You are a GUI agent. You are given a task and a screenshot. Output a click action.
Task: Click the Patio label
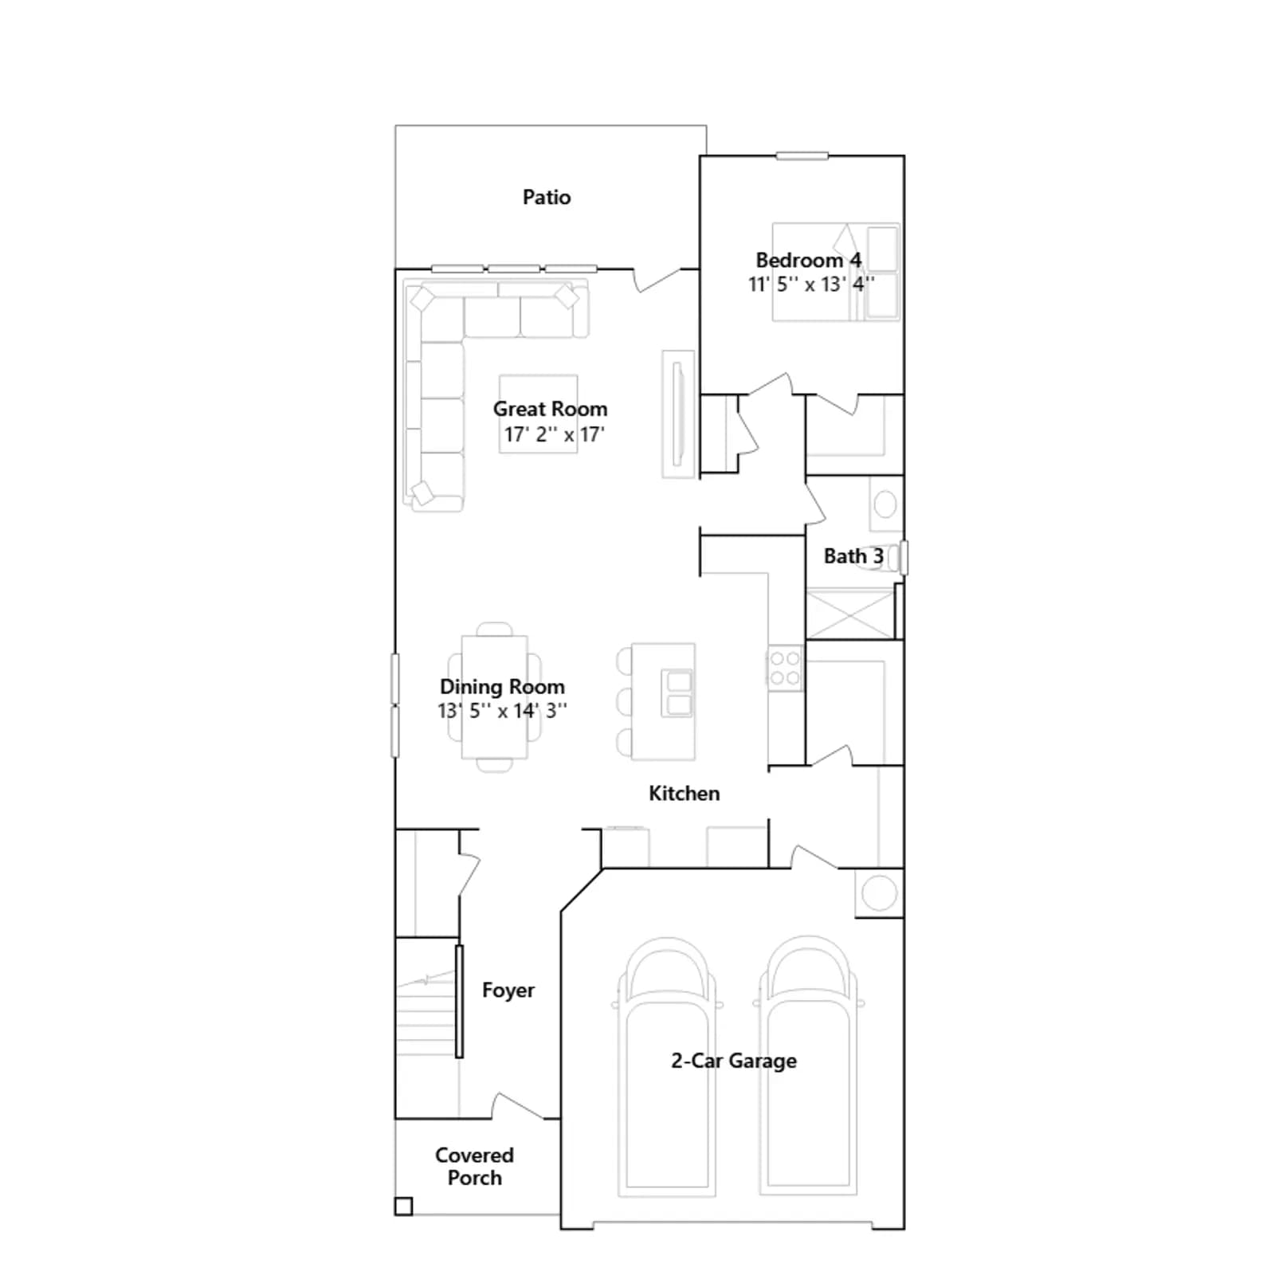point(547,197)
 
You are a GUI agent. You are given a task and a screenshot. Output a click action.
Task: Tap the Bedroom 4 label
point(808,260)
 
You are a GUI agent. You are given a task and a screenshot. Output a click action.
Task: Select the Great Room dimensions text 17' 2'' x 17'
point(554,434)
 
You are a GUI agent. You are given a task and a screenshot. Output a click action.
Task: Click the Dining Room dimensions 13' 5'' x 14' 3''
point(502,710)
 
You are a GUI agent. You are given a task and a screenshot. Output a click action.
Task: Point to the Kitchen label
point(684,793)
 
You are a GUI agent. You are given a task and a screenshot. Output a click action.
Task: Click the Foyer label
point(508,990)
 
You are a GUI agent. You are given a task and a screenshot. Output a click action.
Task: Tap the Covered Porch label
point(474,1166)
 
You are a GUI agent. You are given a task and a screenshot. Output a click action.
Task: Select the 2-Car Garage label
point(733,1061)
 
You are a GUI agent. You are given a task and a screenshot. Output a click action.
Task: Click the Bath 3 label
point(853,556)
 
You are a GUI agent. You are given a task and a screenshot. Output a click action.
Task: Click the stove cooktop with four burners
point(785,669)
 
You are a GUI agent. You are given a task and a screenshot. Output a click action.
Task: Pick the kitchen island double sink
point(678,693)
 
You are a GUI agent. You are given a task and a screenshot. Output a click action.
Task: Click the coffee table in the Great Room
point(539,414)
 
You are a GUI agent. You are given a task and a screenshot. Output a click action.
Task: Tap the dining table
point(494,697)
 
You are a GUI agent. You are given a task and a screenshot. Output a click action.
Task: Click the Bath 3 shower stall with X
point(850,613)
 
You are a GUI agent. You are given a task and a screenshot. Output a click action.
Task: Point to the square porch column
point(404,1206)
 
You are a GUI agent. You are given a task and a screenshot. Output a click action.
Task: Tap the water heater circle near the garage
point(879,892)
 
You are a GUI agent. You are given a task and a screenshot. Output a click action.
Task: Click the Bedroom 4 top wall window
point(802,156)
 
